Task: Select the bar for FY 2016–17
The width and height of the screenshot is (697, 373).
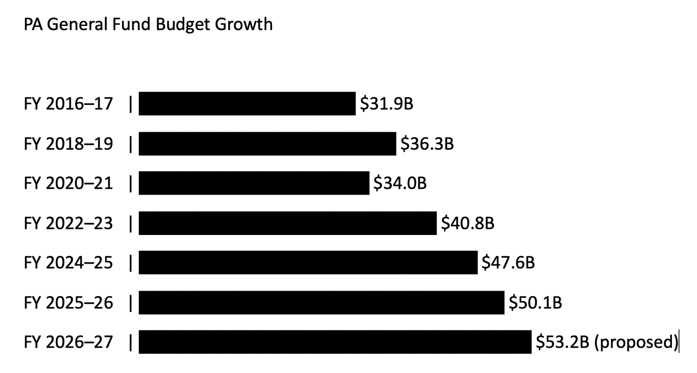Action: (247, 104)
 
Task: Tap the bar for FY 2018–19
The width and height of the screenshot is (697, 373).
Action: (267, 144)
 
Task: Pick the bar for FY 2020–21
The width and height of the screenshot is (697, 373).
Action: (254, 183)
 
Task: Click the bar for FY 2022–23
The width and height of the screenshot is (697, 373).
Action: (288, 223)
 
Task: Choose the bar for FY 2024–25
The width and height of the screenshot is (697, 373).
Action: (308, 262)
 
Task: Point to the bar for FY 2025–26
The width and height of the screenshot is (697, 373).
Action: (321, 302)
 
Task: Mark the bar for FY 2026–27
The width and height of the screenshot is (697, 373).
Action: (335, 342)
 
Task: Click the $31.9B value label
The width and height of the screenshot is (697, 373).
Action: (386, 104)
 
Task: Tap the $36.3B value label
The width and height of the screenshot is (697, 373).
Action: (427, 144)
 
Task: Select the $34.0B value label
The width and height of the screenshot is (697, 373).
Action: (400, 183)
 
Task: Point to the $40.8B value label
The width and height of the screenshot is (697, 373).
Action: (467, 223)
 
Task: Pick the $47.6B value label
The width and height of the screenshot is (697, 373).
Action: (508, 263)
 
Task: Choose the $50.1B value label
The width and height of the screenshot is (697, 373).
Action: (535, 303)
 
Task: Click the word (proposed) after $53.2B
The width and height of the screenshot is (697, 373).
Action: (636, 342)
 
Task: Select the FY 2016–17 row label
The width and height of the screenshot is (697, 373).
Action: (68, 104)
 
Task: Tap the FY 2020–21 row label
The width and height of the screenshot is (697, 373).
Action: (68, 183)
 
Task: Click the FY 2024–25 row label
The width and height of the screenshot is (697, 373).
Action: (68, 263)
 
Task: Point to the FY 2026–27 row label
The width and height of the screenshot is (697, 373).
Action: (68, 342)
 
